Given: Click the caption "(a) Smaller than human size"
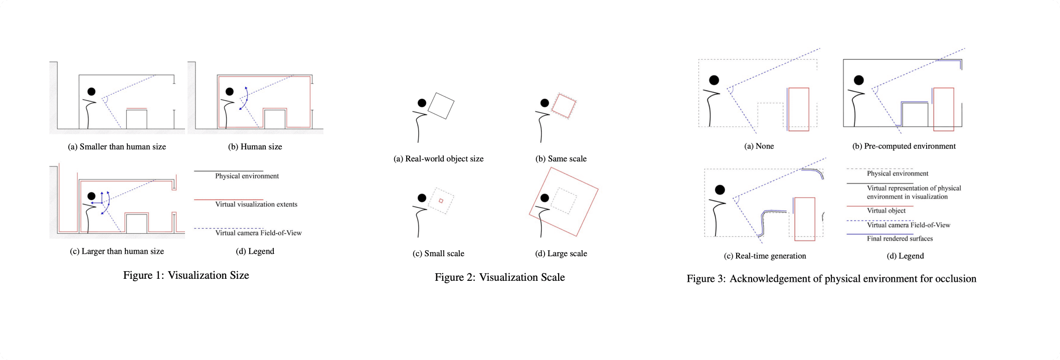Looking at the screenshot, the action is point(117,147).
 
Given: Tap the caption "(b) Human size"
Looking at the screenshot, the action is point(255,147).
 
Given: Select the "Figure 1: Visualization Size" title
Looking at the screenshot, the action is point(186,275).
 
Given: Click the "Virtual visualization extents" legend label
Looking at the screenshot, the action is point(256,204).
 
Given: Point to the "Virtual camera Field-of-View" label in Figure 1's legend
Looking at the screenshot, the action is point(258,233).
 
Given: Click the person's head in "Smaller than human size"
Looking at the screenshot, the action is point(91,92).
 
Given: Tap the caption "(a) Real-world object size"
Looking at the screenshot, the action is point(438,159).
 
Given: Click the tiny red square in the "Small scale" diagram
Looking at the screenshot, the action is point(441,201).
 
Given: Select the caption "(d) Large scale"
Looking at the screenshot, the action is point(561,254).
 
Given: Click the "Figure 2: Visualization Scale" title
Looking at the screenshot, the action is point(499,277).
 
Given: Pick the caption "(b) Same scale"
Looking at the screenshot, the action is point(561,159).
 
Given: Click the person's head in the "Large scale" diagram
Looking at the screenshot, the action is point(545,198).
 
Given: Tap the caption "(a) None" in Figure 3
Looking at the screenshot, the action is point(759,146).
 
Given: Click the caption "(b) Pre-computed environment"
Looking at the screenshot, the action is point(904,146).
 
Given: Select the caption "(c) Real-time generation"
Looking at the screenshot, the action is point(765,256).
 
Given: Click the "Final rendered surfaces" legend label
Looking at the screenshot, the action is point(900,239).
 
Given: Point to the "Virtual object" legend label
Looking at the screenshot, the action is point(886,211).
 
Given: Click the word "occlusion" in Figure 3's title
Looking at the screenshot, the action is point(955,279).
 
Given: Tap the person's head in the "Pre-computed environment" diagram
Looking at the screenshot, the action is point(859,80).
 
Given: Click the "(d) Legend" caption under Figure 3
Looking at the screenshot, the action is point(905,256).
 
